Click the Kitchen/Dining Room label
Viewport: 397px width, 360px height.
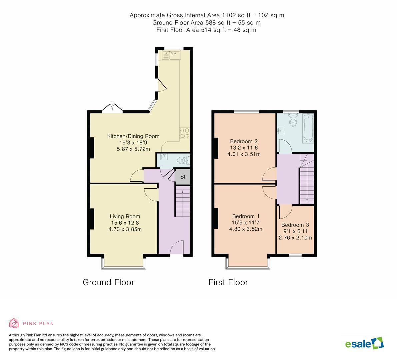click(x=133, y=136)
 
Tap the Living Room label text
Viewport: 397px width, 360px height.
click(x=125, y=216)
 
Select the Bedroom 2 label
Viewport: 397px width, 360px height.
click(x=244, y=141)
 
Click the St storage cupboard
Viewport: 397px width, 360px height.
click(x=183, y=177)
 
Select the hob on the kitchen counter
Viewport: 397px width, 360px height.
click(x=185, y=133)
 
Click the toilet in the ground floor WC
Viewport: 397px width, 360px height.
click(x=183, y=161)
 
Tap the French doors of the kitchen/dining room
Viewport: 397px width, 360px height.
click(x=112, y=108)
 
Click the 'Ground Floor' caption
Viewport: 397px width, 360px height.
click(x=108, y=282)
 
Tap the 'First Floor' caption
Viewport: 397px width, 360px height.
click(x=228, y=282)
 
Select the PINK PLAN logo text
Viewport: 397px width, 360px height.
click(x=38, y=323)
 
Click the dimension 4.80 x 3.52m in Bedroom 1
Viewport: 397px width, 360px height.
click(x=246, y=229)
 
